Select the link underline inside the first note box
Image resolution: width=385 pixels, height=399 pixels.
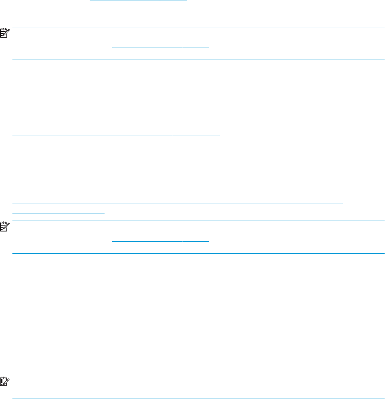(161, 47)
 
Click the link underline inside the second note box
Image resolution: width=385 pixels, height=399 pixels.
(161, 241)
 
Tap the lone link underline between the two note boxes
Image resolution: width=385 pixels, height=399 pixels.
(116, 135)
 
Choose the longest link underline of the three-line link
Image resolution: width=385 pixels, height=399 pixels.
(178, 203)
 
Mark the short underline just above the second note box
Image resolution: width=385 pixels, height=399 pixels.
(58, 213)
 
